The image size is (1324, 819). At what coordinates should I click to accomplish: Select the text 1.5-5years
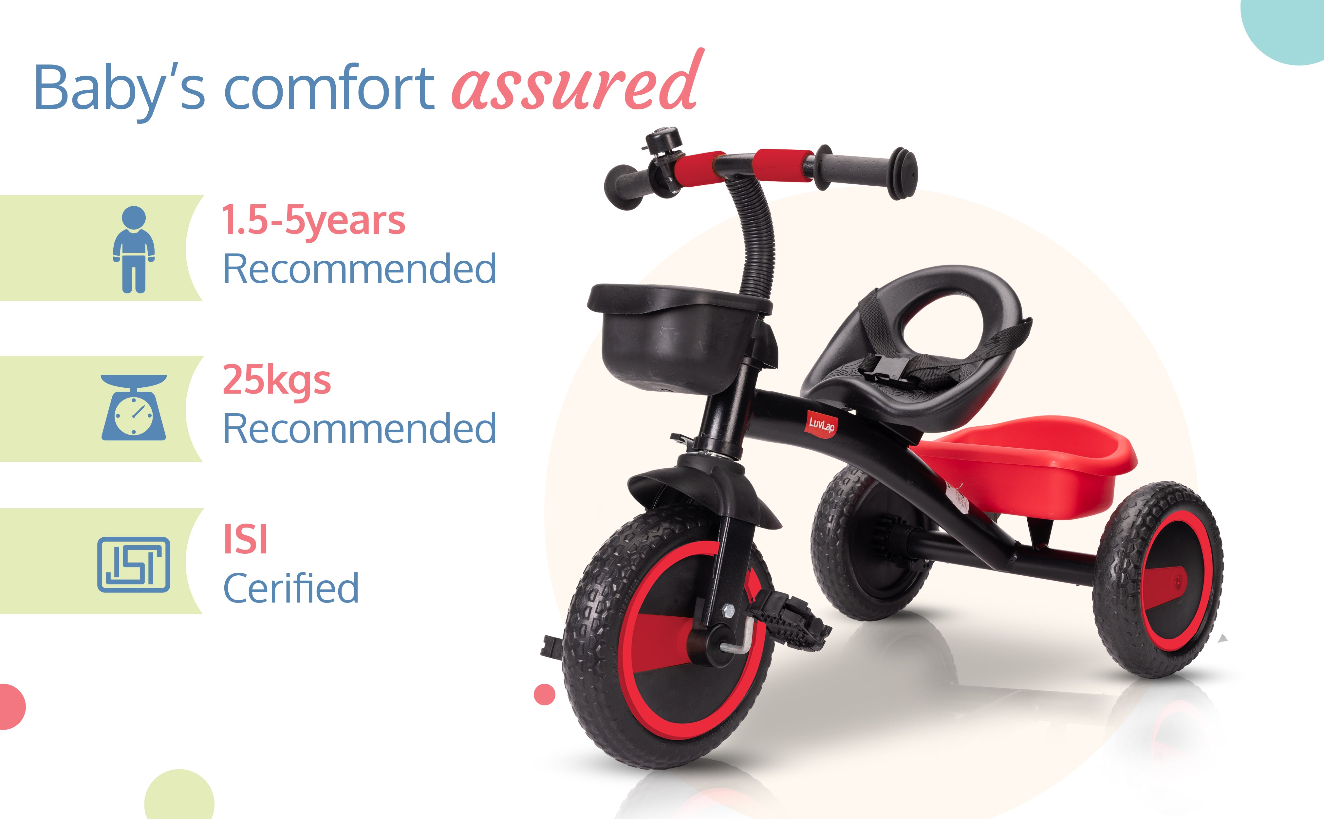click(x=313, y=220)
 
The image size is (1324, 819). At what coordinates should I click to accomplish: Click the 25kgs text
click(x=277, y=381)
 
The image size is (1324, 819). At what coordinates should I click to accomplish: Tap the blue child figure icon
click(x=134, y=249)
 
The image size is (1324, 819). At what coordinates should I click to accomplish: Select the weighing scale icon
click(x=134, y=407)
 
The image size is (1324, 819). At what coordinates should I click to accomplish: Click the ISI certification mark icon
click(x=134, y=565)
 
